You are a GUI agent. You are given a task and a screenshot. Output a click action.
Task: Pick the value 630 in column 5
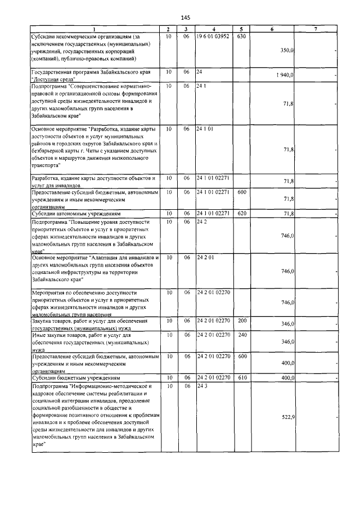tap(242, 36)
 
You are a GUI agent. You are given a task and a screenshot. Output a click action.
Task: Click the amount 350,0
tap(287, 50)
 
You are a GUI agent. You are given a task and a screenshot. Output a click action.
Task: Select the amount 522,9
tap(287, 417)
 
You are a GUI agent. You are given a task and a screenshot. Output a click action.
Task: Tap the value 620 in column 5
tap(242, 214)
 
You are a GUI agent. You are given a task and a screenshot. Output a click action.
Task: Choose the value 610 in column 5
tap(242, 377)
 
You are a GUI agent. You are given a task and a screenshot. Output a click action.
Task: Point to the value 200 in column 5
tap(242, 321)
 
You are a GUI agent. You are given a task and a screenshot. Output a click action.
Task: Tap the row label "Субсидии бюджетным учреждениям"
tap(73, 378)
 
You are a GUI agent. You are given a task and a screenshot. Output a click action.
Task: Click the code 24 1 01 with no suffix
tap(205, 128)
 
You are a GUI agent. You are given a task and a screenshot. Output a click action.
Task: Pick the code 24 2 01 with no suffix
tap(205, 258)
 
